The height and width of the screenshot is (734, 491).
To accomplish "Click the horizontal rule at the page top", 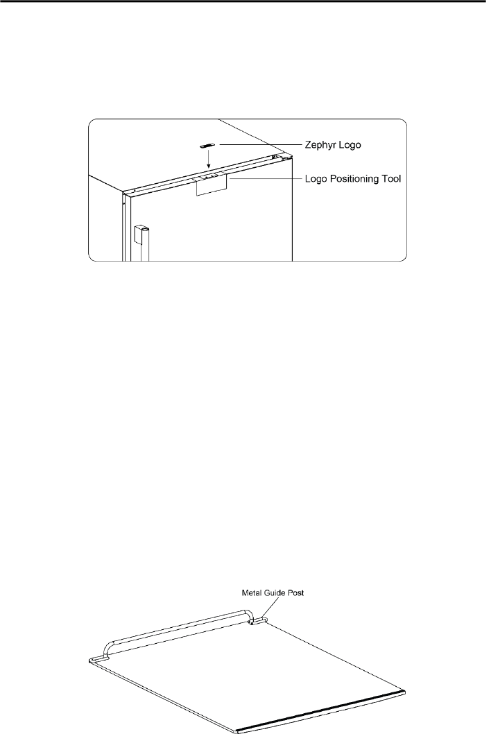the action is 245,1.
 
